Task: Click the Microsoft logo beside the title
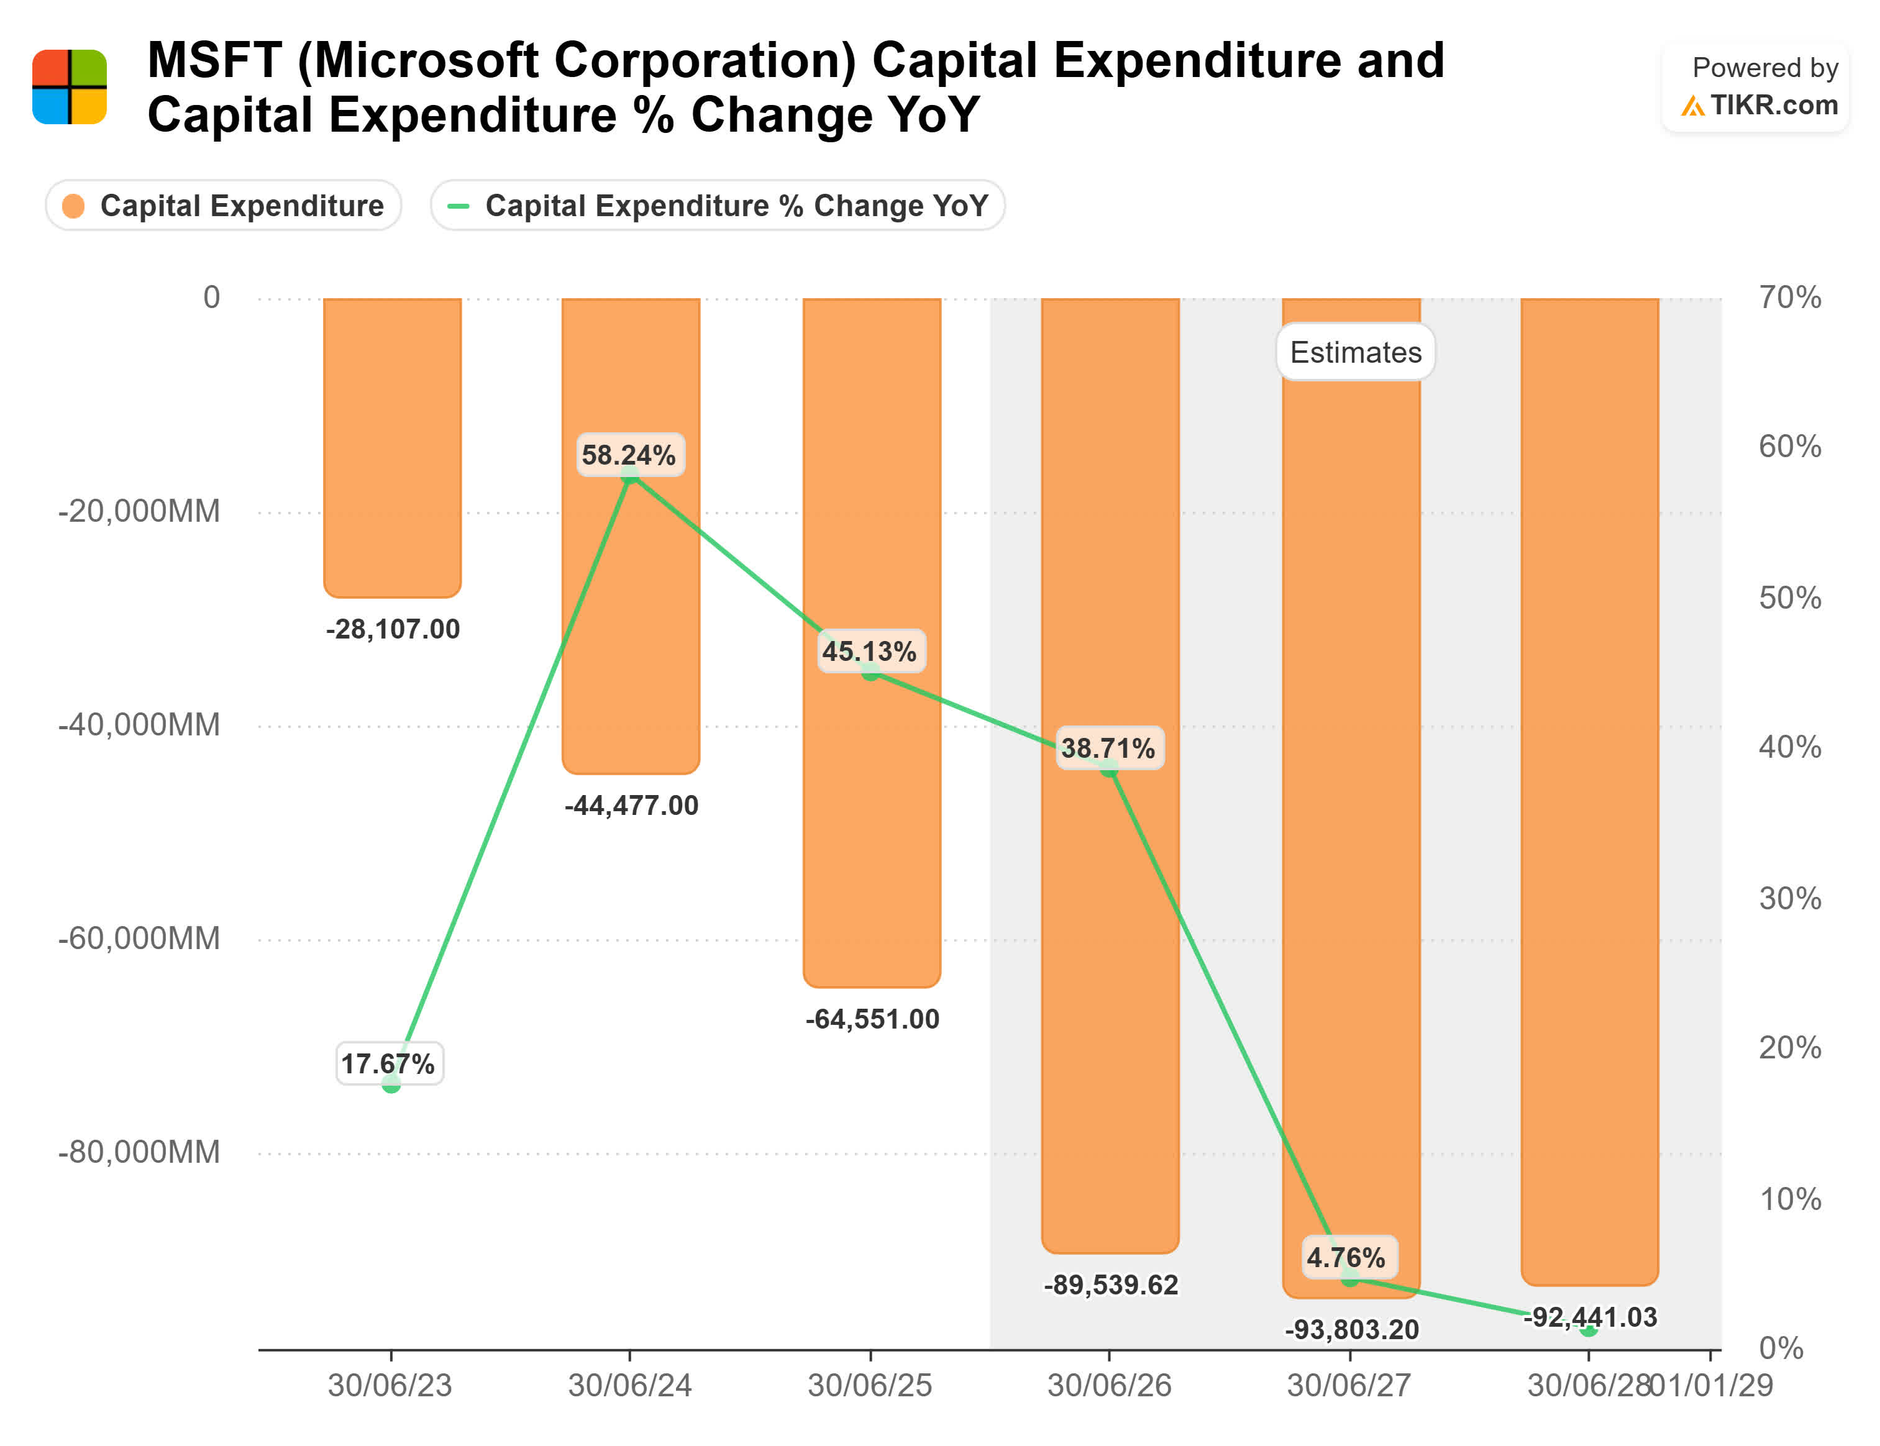tap(70, 87)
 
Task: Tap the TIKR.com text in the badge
tap(1773, 105)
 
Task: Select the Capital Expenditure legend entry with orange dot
tap(224, 206)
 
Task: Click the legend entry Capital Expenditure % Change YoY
tap(718, 206)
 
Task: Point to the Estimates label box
tap(1355, 352)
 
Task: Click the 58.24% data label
tap(629, 455)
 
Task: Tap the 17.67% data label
tap(389, 1064)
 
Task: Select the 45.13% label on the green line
tap(869, 651)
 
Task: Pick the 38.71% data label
tap(1109, 747)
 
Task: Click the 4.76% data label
tap(1347, 1258)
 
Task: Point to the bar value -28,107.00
tap(393, 629)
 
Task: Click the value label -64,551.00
tap(872, 1019)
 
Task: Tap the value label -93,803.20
tap(1351, 1330)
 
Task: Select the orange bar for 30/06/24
tap(631, 602)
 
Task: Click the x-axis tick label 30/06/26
tap(1109, 1386)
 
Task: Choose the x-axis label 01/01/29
tap(1711, 1386)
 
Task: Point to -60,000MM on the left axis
tap(139, 938)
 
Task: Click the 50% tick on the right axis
tap(1790, 598)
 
